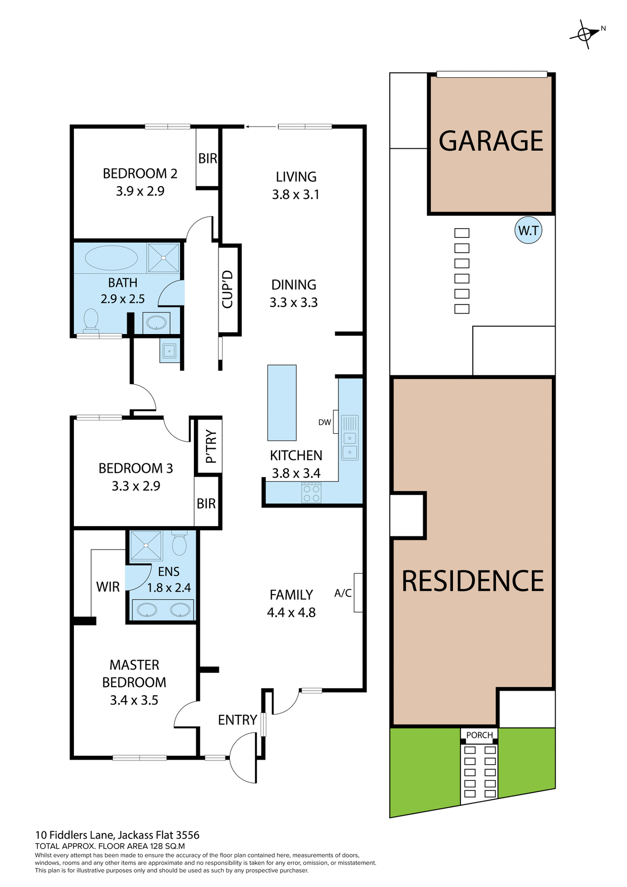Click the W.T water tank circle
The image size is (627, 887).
click(528, 230)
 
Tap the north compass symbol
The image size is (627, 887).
click(585, 34)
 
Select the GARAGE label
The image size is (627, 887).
click(491, 141)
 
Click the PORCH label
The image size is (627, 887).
click(479, 735)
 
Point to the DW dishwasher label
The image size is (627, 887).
click(325, 422)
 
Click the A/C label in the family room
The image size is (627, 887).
click(343, 593)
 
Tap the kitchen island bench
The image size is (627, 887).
click(282, 402)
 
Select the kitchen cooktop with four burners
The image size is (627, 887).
click(311, 492)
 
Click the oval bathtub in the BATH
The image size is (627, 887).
click(111, 258)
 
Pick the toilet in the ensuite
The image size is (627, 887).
click(179, 544)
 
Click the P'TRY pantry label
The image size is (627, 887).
click(211, 446)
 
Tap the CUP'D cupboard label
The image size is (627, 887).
click(227, 289)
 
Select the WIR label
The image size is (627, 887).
click(108, 587)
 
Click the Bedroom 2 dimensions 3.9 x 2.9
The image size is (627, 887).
click(140, 191)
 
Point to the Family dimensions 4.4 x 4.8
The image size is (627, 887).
click(291, 613)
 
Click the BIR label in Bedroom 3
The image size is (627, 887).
click(206, 504)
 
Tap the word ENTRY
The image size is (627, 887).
click(237, 720)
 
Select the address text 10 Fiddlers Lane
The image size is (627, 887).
click(74, 835)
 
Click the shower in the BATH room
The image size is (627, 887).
click(163, 258)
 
